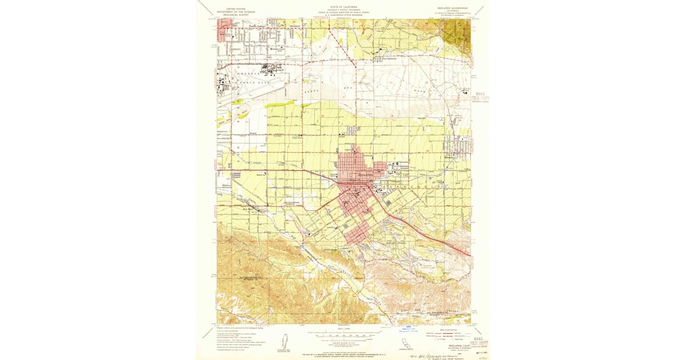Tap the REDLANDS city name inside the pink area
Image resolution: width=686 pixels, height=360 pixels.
pyautogui.click(x=363, y=174)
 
